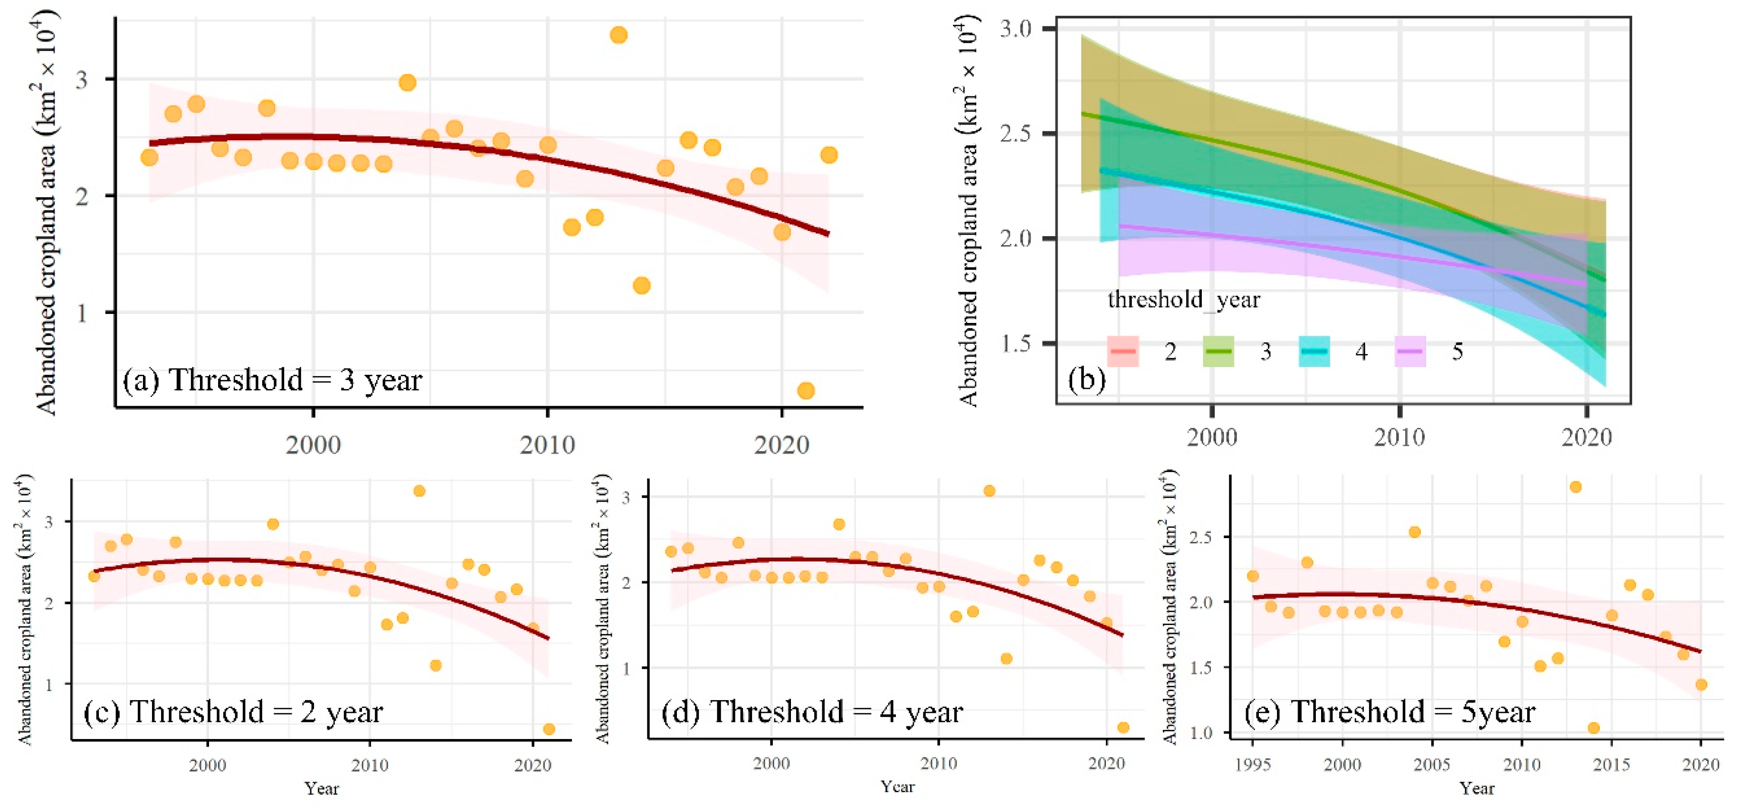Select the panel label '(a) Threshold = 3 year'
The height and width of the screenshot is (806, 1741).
pos(272,380)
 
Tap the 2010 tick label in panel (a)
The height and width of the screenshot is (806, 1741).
pos(547,445)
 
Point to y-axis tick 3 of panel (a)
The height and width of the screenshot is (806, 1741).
pos(82,80)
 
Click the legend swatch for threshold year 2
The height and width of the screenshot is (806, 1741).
pos(1123,351)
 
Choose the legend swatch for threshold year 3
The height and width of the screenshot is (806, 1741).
pos(1218,351)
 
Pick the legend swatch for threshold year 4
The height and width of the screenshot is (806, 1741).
pos(1314,351)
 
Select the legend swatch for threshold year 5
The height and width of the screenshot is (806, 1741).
pos(1410,351)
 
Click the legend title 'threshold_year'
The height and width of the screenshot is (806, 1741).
pos(1183,299)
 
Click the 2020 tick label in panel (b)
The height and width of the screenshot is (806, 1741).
pos(1586,438)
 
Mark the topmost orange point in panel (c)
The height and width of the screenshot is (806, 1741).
pos(419,491)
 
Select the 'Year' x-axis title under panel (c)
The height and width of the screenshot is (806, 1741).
pos(321,788)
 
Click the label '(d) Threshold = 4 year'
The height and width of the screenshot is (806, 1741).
pos(812,712)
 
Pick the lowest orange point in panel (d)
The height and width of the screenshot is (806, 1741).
pos(1123,728)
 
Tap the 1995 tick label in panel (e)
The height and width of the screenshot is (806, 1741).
pos(1252,765)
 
